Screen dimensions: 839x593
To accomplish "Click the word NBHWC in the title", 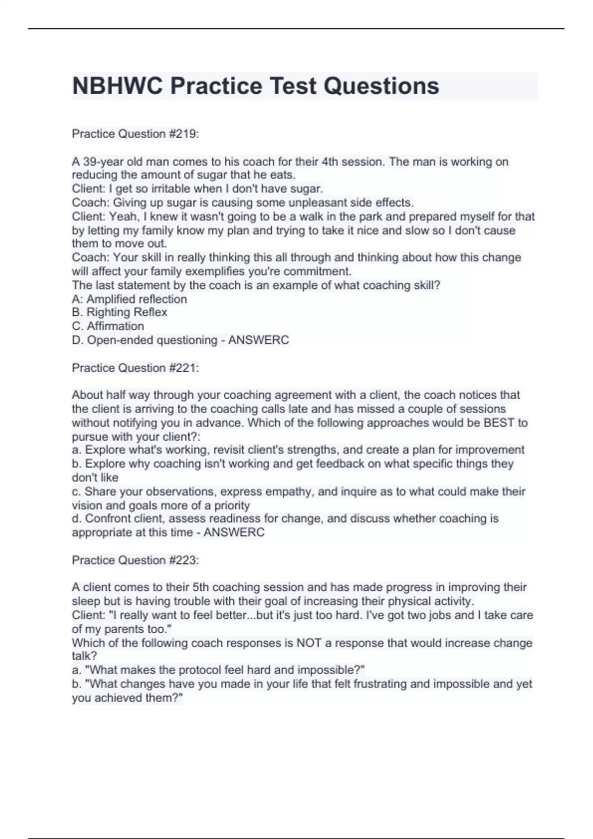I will click(x=118, y=86).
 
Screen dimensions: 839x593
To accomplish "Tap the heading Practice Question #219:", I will click(x=135, y=134).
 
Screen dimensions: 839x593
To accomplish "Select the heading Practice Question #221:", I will click(x=135, y=368).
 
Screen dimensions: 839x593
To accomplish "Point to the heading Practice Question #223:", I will click(x=135, y=560).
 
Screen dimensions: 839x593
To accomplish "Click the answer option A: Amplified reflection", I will click(x=129, y=299).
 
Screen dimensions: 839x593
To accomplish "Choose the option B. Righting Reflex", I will click(x=120, y=312).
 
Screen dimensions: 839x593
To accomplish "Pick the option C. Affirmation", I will click(x=108, y=326).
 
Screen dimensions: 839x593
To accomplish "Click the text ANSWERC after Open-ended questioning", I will click(x=258, y=340).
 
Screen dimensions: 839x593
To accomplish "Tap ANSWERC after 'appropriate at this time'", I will click(x=234, y=533).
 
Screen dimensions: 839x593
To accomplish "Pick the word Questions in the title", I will click(x=381, y=86).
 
